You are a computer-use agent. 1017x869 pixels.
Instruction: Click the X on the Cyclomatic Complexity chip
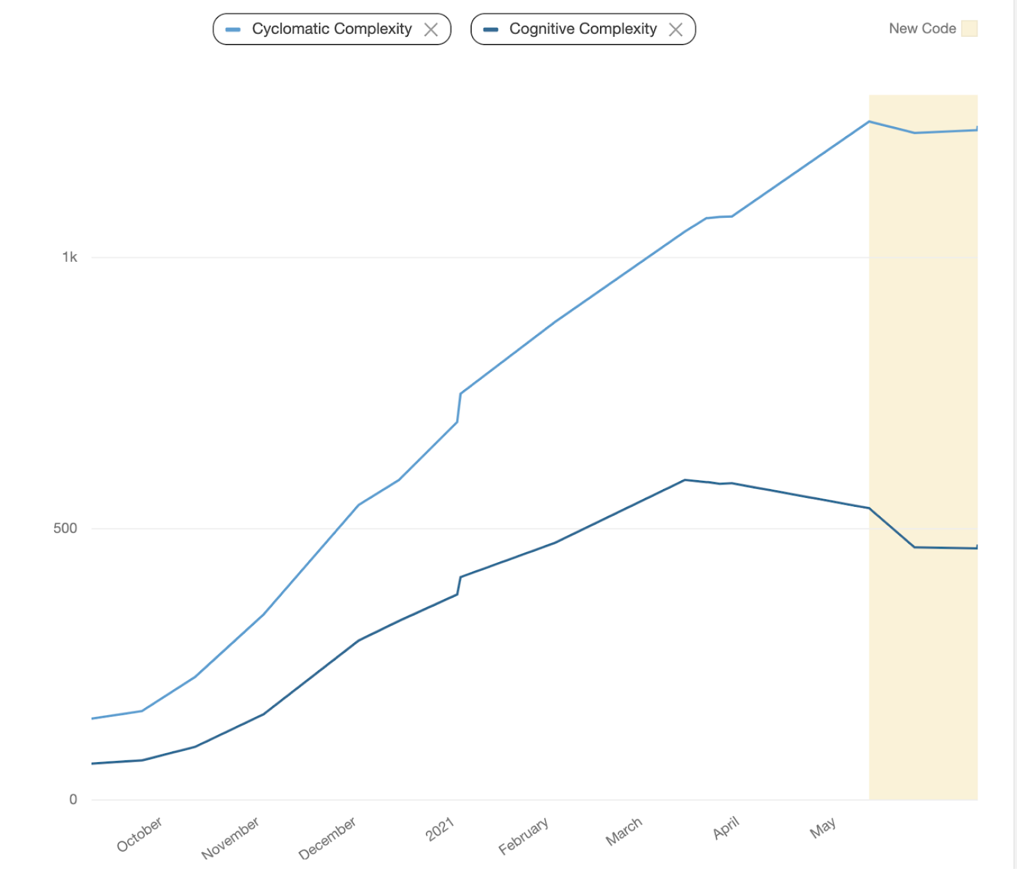(x=431, y=30)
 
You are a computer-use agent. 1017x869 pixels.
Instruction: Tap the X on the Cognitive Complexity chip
(x=675, y=30)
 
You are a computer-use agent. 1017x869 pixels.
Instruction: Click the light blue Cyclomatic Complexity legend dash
(x=233, y=30)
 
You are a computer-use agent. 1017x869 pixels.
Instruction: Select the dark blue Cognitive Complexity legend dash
(x=491, y=30)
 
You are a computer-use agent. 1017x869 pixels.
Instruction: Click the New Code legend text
(x=922, y=28)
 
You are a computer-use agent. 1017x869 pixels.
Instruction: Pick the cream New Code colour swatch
(x=969, y=28)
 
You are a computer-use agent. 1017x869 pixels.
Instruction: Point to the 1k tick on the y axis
(x=70, y=257)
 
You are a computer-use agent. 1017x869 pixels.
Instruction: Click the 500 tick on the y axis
(x=65, y=528)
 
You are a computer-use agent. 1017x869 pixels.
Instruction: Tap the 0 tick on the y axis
(x=73, y=800)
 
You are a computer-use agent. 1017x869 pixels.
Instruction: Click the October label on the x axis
(x=140, y=834)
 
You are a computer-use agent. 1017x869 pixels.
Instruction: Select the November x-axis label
(x=230, y=838)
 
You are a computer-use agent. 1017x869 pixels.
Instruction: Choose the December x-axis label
(x=327, y=838)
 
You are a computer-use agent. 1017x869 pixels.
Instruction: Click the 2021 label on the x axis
(x=440, y=829)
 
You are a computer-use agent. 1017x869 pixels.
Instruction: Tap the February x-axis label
(x=523, y=836)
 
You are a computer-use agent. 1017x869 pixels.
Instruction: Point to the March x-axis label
(x=624, y=831)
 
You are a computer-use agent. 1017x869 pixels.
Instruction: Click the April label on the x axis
(x=726, y=827)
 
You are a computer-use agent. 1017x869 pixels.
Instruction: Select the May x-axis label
(x=823, y=828)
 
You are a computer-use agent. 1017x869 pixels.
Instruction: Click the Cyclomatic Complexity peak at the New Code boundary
(x=869, y=122)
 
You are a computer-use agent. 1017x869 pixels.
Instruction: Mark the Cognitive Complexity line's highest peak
(x=685, y=480)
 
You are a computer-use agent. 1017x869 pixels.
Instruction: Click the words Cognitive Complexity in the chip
(x=583, y=29)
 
